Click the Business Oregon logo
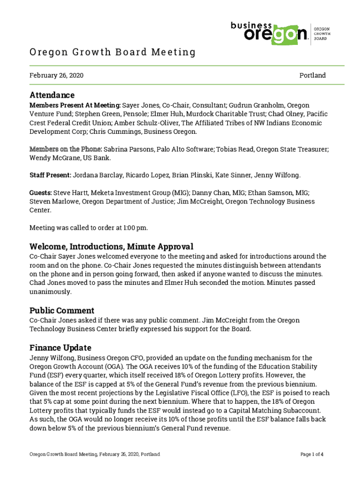[269, 33]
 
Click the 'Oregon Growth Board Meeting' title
[112, 52]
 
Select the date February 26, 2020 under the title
[57, 75]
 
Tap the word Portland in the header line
[312, 75]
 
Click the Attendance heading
[52, 95]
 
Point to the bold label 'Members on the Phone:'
[66, 149]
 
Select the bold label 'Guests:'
[41, 193]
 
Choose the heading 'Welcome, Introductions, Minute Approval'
[111, 247]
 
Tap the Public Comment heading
[62, 311]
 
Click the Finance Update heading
[60, 348]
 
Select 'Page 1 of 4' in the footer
[312, 454]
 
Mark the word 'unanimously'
[50, 291]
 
